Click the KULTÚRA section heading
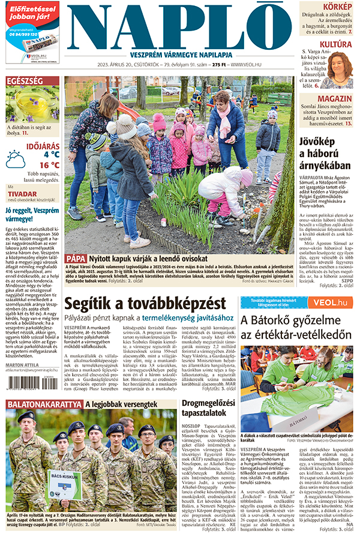tap(335, 44)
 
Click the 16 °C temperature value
tap(49, 165)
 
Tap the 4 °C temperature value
tap(51, 154)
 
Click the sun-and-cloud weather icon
tap(16, 159)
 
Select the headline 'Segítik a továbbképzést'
tap(145, 303)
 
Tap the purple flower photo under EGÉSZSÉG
tap(32, 104)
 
